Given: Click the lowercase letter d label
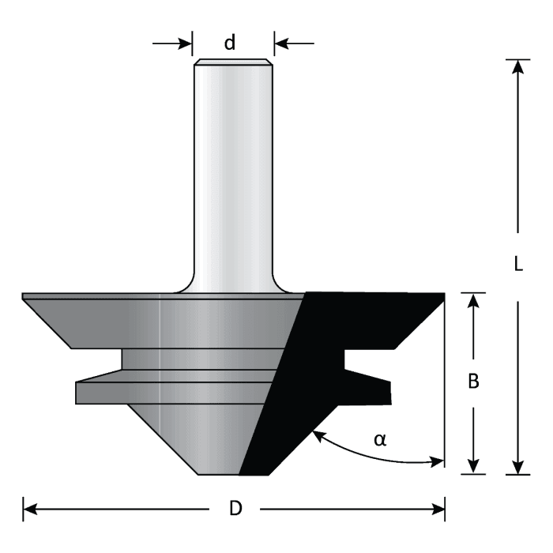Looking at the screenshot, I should coord(230,43).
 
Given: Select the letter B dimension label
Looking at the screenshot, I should coord(473,381).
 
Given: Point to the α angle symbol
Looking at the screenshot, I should coord(380,439).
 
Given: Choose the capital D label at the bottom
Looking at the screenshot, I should coord(235,509).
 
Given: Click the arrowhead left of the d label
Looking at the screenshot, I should coord(186,43).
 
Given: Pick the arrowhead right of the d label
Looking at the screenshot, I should coord(281,43).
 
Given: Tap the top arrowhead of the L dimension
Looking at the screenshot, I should coord(518,66).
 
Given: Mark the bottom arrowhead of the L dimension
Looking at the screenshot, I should coord(518,467).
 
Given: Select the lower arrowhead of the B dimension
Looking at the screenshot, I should coord(473,467).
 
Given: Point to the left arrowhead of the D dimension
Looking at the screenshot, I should coord(31,509).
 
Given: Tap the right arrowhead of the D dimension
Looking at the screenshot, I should coord(438,509).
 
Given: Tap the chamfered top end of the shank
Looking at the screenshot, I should coord(233,62).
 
